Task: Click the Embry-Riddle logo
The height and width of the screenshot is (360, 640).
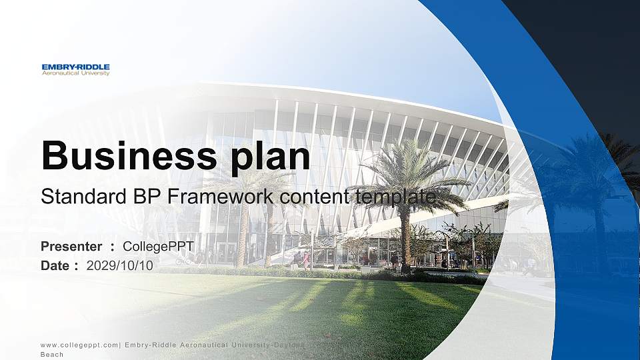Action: [75, 70]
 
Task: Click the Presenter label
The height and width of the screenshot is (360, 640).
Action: [71, 247]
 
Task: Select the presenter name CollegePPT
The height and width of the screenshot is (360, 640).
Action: [159, 247]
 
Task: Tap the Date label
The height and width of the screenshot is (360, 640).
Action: [55, 266]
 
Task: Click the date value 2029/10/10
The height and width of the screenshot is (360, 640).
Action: [120, 266]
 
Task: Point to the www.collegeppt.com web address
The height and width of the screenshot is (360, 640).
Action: [79, 345]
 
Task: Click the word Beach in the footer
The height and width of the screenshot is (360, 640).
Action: [52, 355]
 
